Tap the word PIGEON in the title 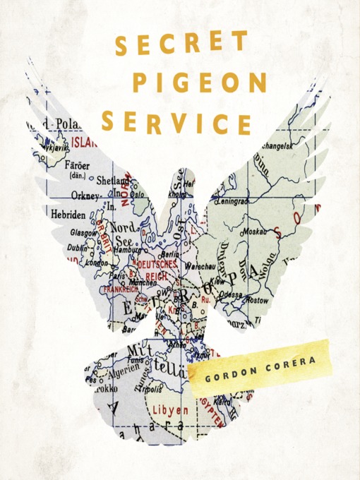tap(199, 83)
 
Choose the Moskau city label tap(252, 232)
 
